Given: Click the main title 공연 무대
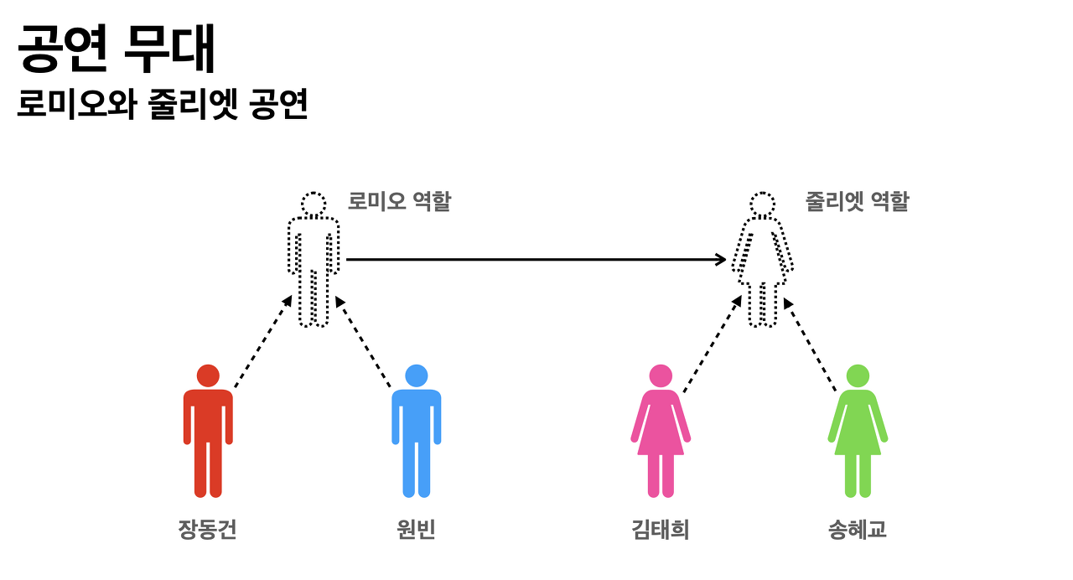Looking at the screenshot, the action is (x=117, y=49).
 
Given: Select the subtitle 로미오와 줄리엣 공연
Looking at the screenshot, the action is (x=163, y=106).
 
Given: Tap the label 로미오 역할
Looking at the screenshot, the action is (x=399, y=201).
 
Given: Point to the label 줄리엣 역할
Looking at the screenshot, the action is (x=857, y=201).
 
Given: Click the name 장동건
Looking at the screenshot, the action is (x=207, y=530).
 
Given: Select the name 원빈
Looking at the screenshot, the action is (x=416, y=530).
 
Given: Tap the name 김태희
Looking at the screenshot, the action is (x=660, y=530).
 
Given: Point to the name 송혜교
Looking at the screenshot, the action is (x=857, y=530).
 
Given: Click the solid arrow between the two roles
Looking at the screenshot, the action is (x=536, y=260).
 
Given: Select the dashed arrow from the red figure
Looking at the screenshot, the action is (x=263, y=342).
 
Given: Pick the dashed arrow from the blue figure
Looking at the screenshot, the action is (x=364, y=342).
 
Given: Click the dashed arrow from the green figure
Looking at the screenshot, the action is (x=810, y=344).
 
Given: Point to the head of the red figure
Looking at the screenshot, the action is (x=208, y=375).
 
